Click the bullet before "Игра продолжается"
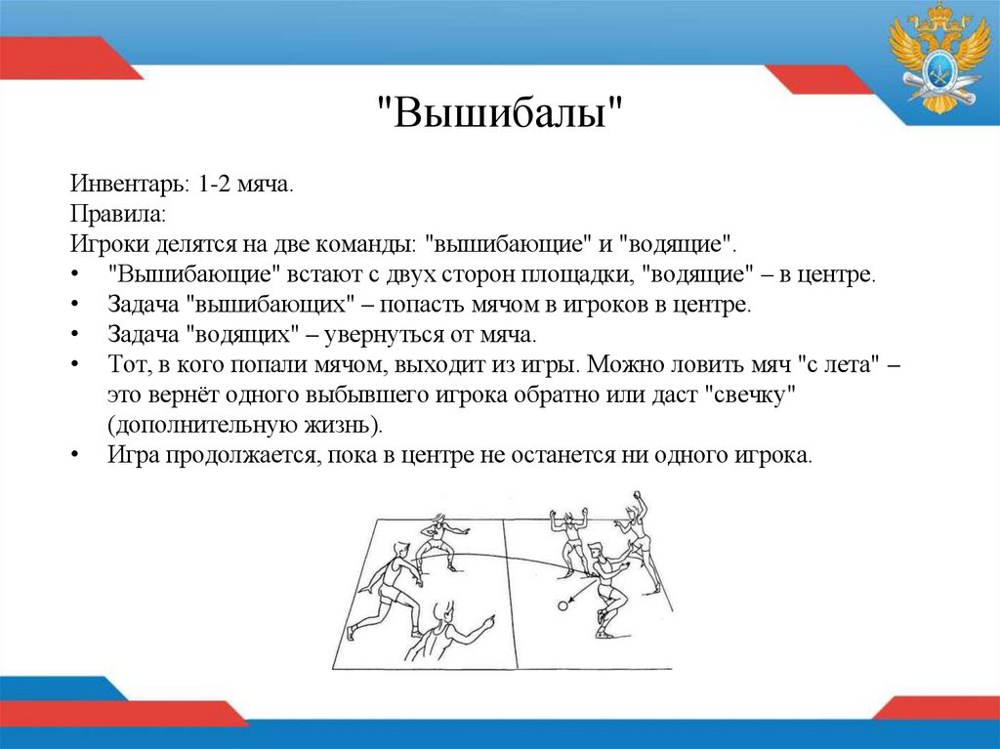click(76, 456)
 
